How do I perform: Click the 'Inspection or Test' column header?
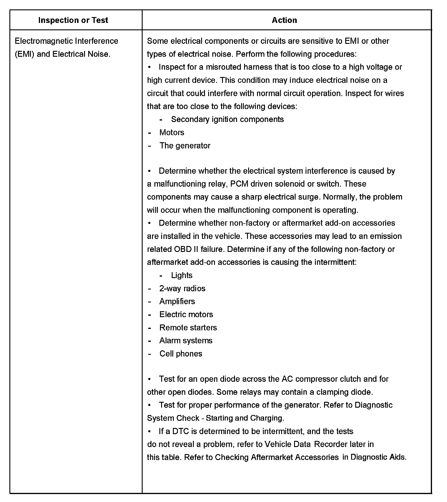pyautogui.click(x=73, y=20)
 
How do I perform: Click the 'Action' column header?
pyautogui.click(x=284, y=20)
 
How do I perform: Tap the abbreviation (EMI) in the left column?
pyautogui.click(x=25, y=54)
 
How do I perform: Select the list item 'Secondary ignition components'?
pyautogui.click(x=227, y=119)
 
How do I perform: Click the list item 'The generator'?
pyautogui.click(x=185, y=145)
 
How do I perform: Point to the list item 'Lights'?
pyautogui.click(x=181, y=275)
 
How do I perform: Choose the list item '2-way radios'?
pyautogui.click(x=182, y=288)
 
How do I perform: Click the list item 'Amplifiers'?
pyautogui.click(x=177, y=301)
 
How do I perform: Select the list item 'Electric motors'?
pyautogui.click(x=186, y=314)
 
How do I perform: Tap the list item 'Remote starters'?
pyautogui.click(x=188, y=327)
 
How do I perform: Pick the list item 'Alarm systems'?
pyautogui.click(x=186, y=340)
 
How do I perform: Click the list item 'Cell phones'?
pyautogui.click(x=181, y=354)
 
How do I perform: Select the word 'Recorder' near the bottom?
pyautogui.click(x=331, y=444)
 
